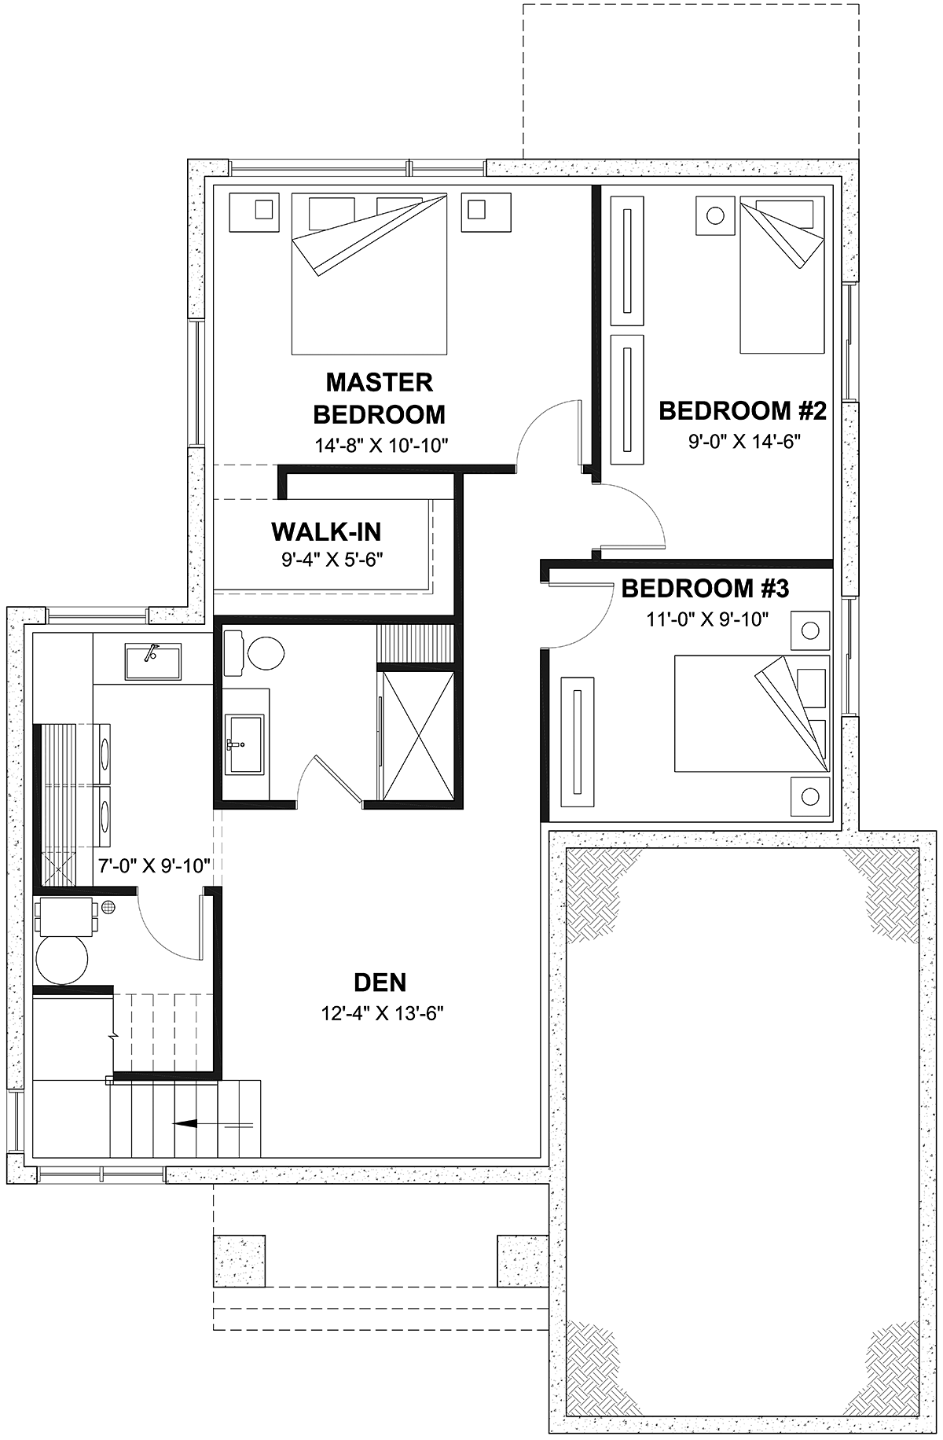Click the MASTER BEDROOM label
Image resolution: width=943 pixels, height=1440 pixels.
pyautogui.click(x=380, y=398)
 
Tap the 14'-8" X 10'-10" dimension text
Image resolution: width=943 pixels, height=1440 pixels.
pyautogui.click(x=381, y=446)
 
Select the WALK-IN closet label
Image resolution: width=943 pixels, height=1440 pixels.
pyautogui.click(x=326, y=532)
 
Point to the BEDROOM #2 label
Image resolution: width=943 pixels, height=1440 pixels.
pyautogui.click(x=742, y=410)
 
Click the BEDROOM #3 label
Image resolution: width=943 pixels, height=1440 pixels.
pyautogui.click(x=705, y=588)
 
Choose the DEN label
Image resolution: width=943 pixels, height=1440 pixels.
pyautogui.click(x=380, y=983)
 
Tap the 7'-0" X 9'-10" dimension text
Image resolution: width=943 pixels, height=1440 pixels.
pyautogui.click(x=154, y=866)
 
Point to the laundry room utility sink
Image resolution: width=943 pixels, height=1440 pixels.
pyautogui.click(x=153, y=661)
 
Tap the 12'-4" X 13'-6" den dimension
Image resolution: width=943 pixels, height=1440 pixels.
pyautogui.click(x=383, y=1014)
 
